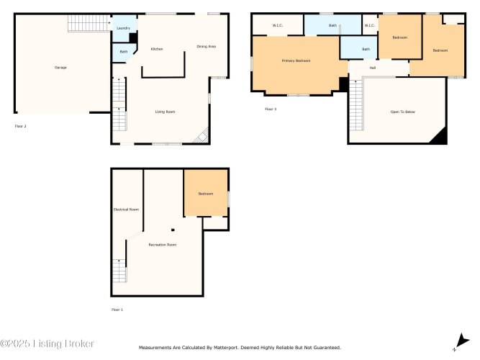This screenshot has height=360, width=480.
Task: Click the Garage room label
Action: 60,68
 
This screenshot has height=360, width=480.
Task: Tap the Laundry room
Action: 124,28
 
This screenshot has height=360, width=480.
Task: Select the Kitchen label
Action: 157,49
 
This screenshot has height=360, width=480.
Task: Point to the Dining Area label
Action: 206,47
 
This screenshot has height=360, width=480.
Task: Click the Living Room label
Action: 165,112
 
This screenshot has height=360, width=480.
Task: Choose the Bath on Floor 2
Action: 124,53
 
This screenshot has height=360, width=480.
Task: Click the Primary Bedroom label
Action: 296,60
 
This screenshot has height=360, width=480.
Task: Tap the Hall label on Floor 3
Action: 373,68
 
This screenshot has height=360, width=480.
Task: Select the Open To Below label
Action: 402,112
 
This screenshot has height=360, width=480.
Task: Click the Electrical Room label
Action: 126,210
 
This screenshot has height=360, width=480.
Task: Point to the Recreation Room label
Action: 162,245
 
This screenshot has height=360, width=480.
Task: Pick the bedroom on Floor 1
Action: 206,194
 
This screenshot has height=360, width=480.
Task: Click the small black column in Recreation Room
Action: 173,230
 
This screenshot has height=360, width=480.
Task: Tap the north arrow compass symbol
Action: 462,341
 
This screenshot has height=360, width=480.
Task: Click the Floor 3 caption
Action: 271,109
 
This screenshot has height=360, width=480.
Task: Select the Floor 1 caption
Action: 117,310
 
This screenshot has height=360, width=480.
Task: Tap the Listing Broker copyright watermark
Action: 47,343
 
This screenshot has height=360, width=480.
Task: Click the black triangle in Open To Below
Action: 439,136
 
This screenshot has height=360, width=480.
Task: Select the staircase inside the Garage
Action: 89,23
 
